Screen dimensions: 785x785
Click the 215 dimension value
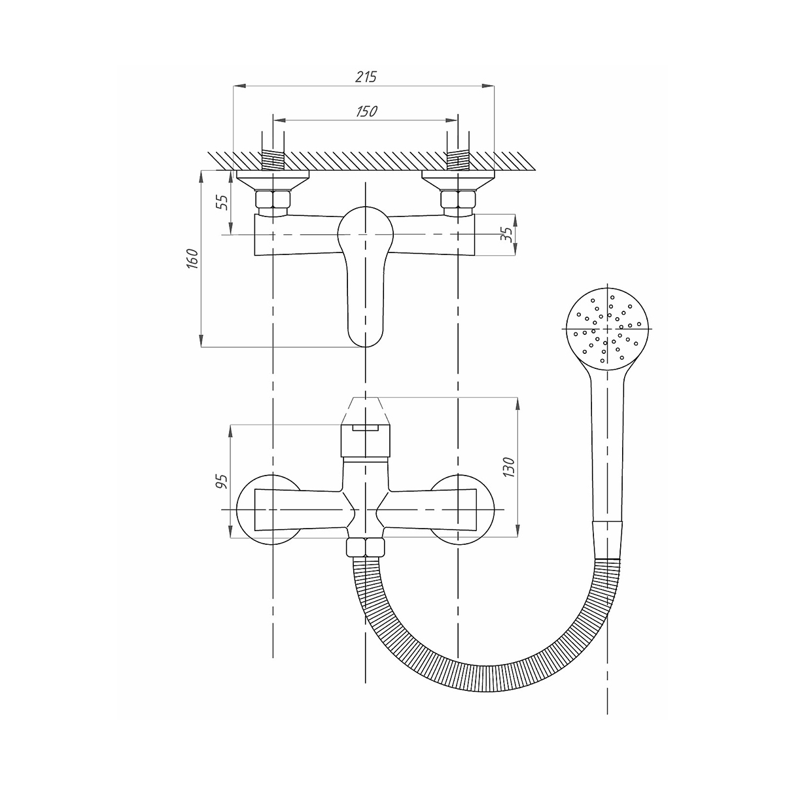click(366, 77)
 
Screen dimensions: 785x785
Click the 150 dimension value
click(366, 112)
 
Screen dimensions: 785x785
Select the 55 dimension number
click(222, 202)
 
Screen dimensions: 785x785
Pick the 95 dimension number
click(222, 481)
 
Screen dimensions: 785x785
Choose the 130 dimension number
click(510, 467)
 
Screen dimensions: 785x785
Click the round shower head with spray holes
click(607, 328)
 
